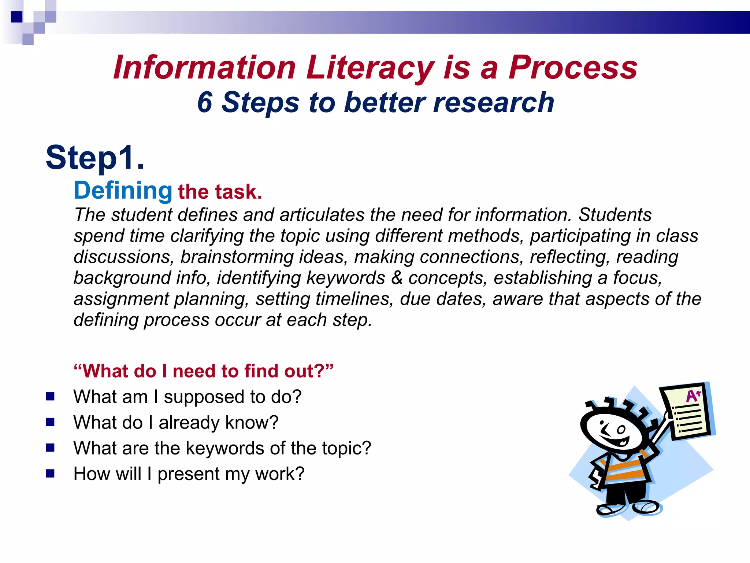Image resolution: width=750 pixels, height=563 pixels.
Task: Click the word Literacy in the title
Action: click(x=370, y=68)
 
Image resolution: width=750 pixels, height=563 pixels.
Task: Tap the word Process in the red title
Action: click(x=573, y=68)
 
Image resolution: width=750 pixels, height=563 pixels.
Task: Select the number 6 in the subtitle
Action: click(x=205, y=102)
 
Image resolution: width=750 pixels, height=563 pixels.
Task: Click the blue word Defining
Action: click(x=123, y=191)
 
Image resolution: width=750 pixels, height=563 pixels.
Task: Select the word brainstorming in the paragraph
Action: click(x=237, y=257)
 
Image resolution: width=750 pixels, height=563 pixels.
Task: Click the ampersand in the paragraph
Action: click(x=397, y=277)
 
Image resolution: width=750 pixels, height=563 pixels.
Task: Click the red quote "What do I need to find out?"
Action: click(x=204, y=371)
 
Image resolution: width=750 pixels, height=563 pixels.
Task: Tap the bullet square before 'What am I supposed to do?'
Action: click(x=50, y=396)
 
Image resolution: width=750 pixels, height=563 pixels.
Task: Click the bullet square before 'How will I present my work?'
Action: click(x=50, y=474)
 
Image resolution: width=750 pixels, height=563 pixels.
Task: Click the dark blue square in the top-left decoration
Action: click(x=16, y=17)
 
